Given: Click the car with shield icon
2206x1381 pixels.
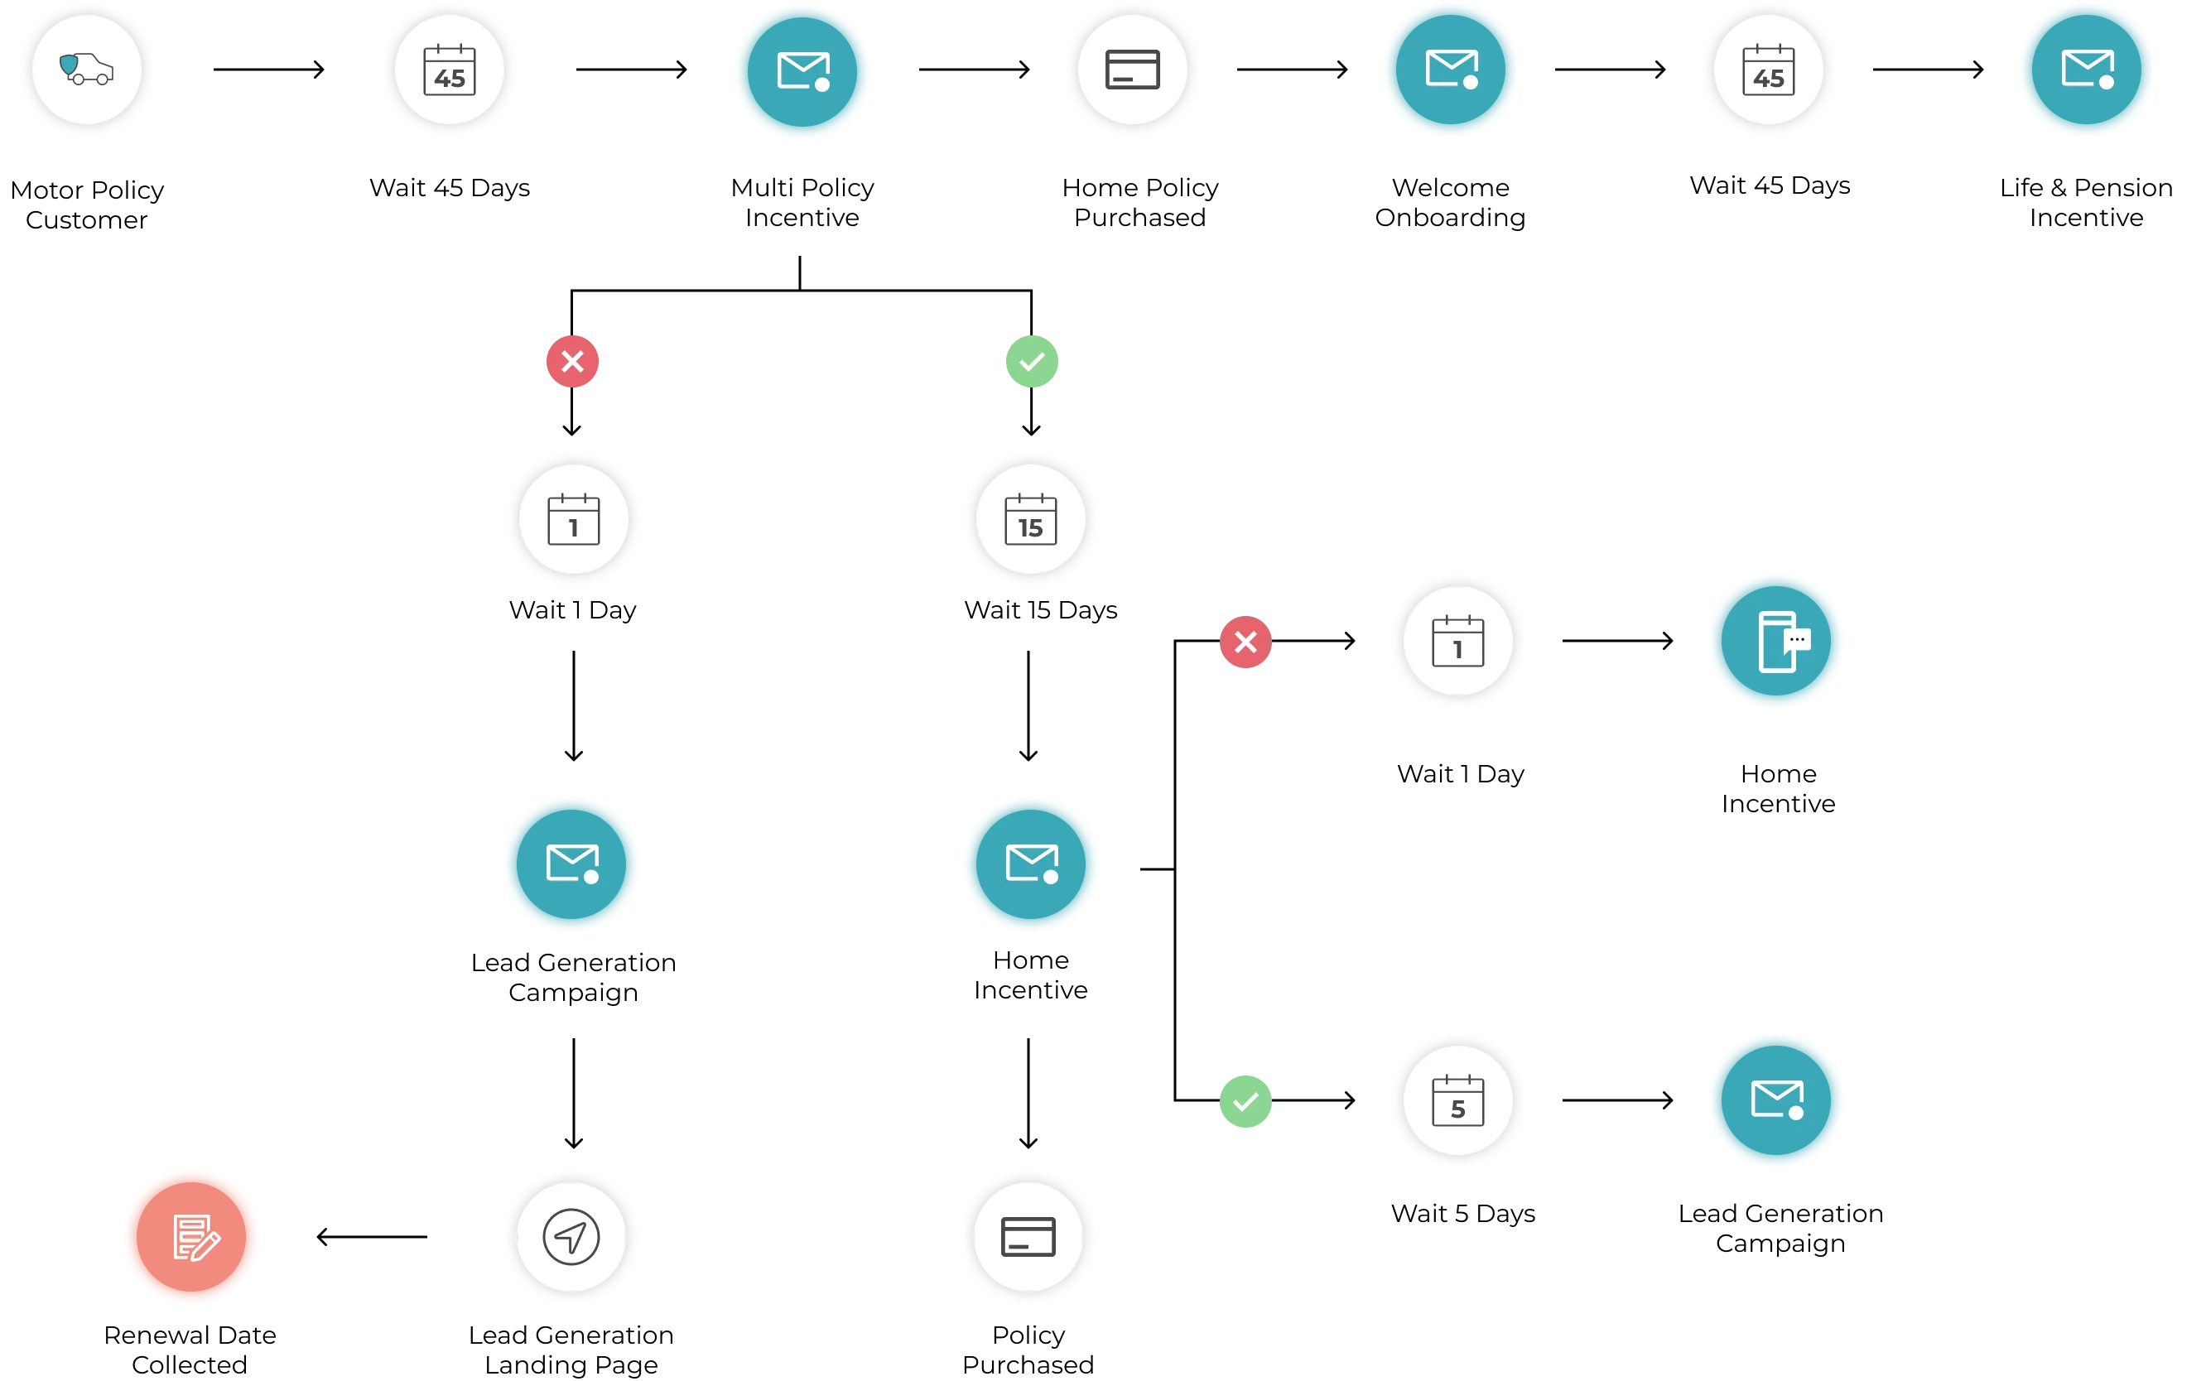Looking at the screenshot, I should tap(87, 70).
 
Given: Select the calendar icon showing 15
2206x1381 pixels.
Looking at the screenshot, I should tap(1030, 520).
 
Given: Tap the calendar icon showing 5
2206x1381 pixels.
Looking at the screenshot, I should tap(1458, 1100).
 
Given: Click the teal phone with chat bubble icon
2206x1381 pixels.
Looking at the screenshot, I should tap(1777, 640).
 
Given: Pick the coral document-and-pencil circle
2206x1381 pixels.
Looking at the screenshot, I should tap(191, 1237).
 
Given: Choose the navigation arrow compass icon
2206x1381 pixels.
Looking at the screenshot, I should tap(572, 1237).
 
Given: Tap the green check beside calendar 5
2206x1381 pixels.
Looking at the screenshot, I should tap(1245, 1101).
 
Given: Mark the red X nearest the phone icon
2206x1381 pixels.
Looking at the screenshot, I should tap(1245, 642).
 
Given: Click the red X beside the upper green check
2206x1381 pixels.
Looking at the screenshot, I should tap(573, 362).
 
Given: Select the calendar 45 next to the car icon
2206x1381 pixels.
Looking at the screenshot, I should tap(450, 70).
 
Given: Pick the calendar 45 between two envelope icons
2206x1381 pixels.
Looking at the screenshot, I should tap(1769, 70).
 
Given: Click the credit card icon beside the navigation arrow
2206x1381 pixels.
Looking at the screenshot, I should tap(1028, 1237).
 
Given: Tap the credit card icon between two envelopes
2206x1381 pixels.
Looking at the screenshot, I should tap(1133, 70).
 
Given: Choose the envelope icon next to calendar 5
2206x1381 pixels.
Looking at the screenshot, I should tap(1777, 1100).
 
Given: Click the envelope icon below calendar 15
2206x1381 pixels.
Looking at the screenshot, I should tap(1030, 863).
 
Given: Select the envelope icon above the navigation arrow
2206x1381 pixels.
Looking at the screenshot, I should tap(572, 863).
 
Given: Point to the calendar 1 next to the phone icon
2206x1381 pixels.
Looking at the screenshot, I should tap(1458, 640).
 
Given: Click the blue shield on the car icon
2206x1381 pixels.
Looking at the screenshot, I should tap(70, 65).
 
